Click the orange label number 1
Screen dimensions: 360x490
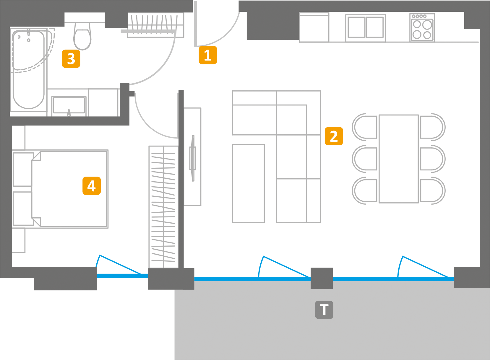[208, 55]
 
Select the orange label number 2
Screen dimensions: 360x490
[334, 136]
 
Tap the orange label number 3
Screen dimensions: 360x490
[71, 59]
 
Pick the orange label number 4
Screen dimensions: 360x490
[92, 186]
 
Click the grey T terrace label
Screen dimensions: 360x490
[324, 310]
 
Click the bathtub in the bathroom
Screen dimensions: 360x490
[29, 69]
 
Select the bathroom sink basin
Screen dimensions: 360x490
[69, 105]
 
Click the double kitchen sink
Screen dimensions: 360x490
[366, 27]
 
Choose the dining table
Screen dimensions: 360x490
[399, 159]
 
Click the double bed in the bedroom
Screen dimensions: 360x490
[69, 189]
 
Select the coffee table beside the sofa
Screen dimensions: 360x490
[248, 183]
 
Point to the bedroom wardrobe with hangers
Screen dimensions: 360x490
[163, 207]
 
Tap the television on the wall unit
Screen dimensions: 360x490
[193, 158]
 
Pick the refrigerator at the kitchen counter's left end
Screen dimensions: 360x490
[314, 27]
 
